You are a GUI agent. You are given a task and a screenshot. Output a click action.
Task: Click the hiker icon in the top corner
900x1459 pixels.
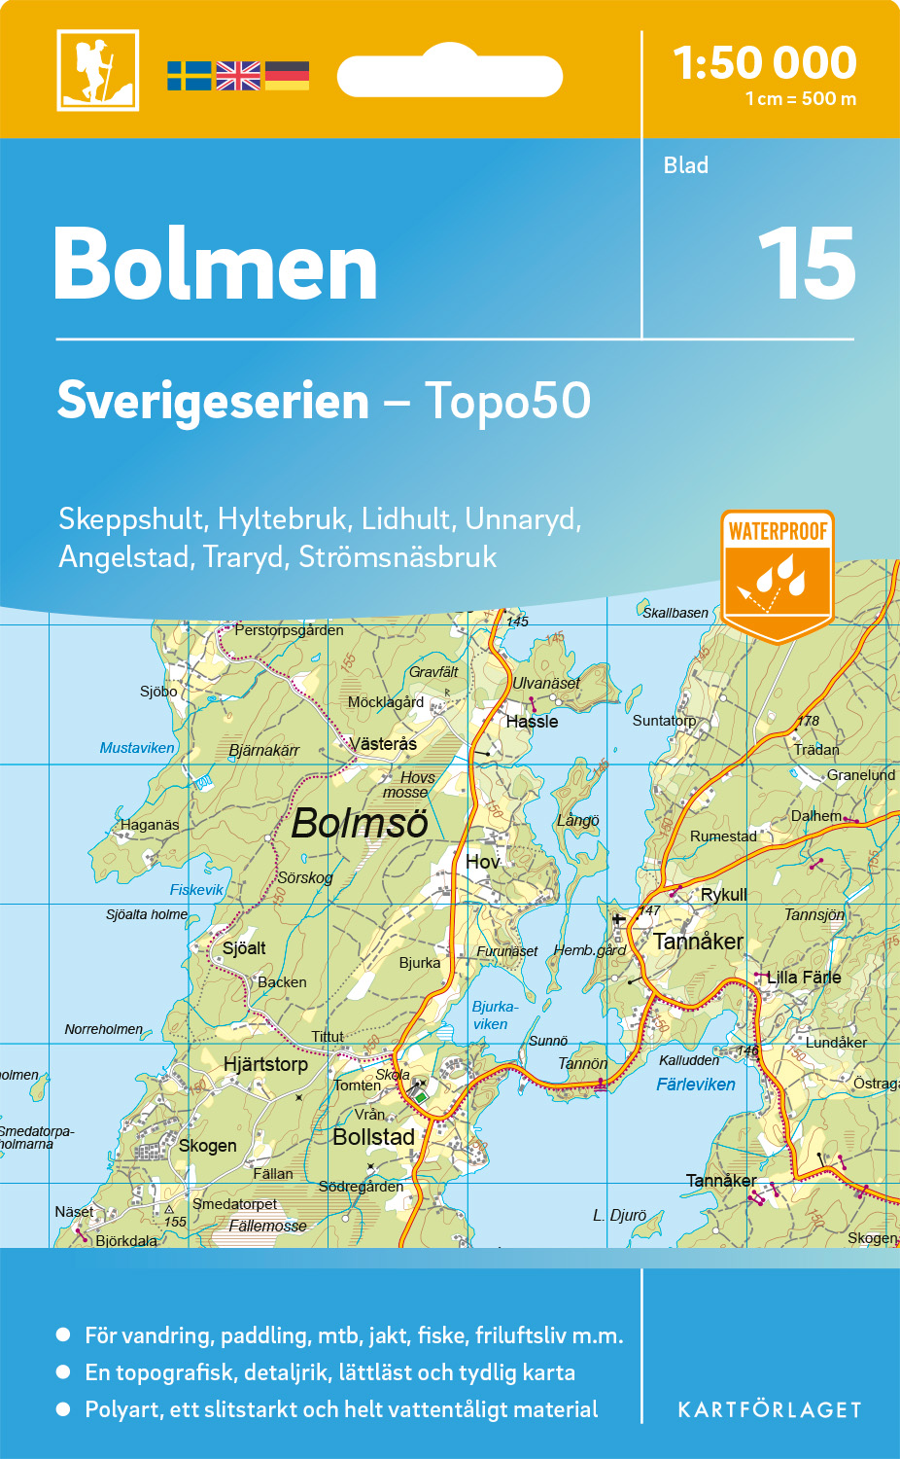pyautogui.click(x=97, y=70)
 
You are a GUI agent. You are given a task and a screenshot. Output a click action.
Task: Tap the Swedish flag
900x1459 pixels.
pyautogui.click(x=189, y=76)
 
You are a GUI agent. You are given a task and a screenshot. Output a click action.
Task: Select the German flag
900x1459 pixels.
pyautogui.click(x=287, y=76)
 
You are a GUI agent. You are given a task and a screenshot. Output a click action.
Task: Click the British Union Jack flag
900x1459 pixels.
pyautogui.click(x=238, y=76)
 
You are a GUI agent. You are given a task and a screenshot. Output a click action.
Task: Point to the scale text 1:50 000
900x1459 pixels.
pyautogui.click(x=765, y=63)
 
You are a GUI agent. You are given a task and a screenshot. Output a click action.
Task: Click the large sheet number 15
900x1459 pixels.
pyautogui.click(x=806, y=264)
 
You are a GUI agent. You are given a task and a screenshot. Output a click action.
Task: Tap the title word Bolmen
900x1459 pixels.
pyautogui.click(x=216, y=265)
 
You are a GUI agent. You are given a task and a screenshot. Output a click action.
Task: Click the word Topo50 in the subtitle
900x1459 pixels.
pyautogui.click(x=507, y=401)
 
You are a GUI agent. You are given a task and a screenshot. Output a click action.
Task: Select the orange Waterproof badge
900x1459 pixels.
pyautogui.click(x=778, y=574)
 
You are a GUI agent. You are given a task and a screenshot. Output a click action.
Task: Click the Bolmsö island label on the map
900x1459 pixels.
pyautogui.click(x=360, y=823)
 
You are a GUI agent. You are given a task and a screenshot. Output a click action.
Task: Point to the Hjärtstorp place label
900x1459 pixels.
pyautogui.click(x=265, y=1064)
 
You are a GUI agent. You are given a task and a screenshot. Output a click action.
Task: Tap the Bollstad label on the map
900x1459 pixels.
pyautogui.click(x=373, y=1137)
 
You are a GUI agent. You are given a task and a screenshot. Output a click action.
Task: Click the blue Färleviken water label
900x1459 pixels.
pyautogui.click(x=696, y=1085)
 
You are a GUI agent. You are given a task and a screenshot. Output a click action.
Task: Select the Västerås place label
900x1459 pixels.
pyautogui.click(x=383, y=744)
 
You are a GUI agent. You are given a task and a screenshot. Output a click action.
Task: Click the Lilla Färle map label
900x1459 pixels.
pyautogui.click(x=804, y=977)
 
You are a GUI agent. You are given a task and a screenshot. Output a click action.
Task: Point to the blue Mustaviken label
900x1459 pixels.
pyautogui.click(x=137, y=748)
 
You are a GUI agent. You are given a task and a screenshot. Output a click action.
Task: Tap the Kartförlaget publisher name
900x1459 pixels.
pyautogui.click(x=769, y=1410)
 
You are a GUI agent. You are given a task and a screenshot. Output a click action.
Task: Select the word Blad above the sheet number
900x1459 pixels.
pyautogui.click(x=686, y=165)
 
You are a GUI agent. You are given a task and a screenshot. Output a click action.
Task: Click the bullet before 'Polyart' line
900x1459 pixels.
pyautogui.click(x=64, y=1408)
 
